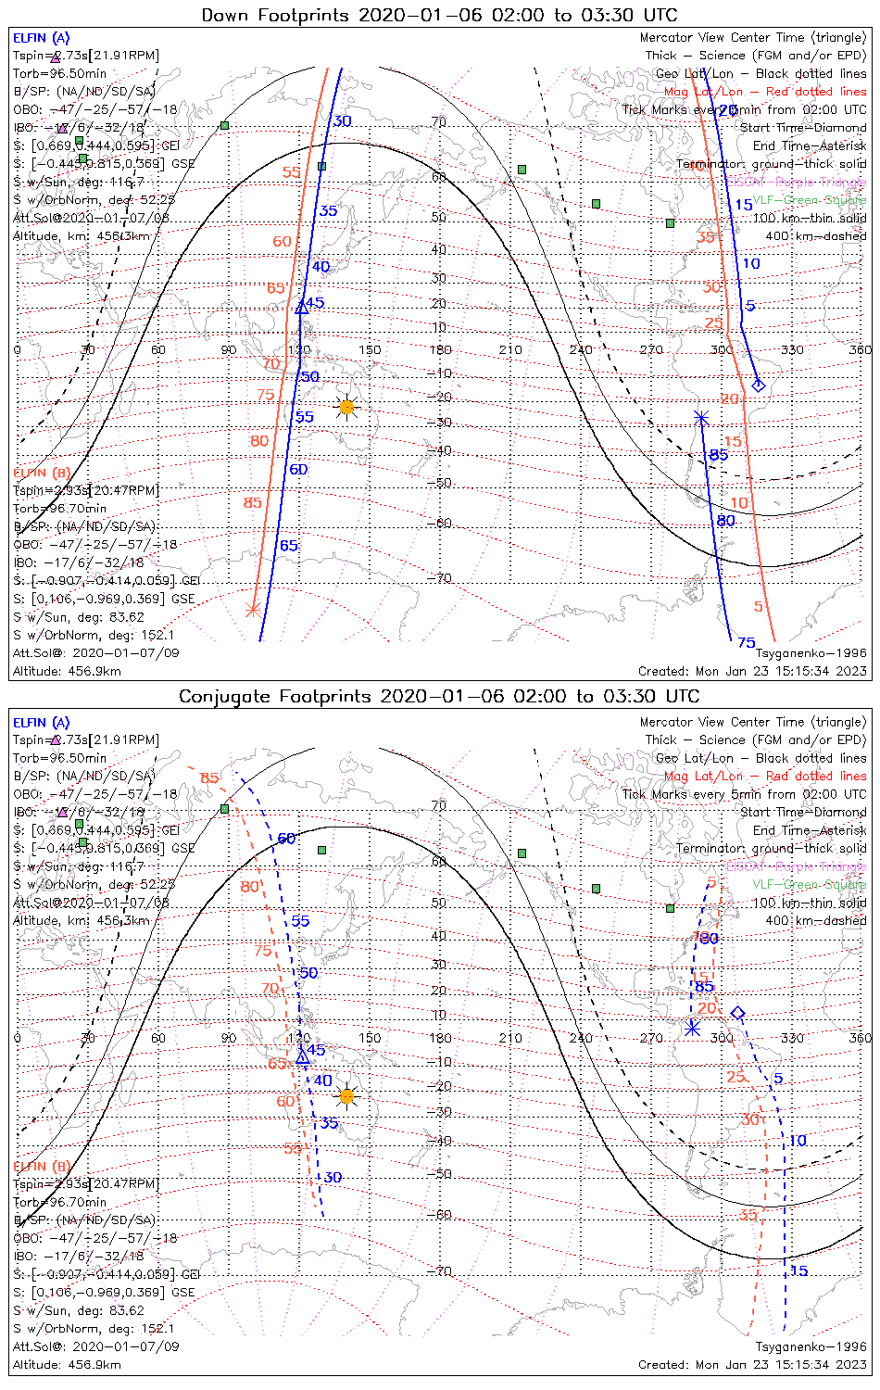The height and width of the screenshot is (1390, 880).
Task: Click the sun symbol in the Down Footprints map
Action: (346, 407)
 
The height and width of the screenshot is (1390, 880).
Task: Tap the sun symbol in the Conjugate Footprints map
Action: (346, 1096)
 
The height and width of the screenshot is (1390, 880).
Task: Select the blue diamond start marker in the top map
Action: (759, 385)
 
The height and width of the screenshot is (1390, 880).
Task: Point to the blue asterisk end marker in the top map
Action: (701, 419)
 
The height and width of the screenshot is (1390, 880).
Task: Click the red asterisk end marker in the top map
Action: (252, 609)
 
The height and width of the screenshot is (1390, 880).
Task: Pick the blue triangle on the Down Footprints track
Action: (301, 307)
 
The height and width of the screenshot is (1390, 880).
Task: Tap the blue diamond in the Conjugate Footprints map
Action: (738, 1013)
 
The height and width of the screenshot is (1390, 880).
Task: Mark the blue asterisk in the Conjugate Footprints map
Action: (692, 1029)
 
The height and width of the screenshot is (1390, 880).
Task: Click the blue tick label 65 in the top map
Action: (289, 546)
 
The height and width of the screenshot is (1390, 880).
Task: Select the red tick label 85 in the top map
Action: (252, 503)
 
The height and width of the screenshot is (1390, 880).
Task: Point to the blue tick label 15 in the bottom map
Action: (798, 1270)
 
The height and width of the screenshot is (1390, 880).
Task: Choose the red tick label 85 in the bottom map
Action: (209, 778)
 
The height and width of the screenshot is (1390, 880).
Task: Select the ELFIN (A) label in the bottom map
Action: (42, 723)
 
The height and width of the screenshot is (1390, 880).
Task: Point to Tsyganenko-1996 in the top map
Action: (811, 653)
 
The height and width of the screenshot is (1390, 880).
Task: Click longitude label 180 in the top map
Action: (440, 350)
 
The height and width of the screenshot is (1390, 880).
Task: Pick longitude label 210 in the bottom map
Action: (510, 1038)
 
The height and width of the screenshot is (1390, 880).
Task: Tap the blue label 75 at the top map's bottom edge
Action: (746, 643)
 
